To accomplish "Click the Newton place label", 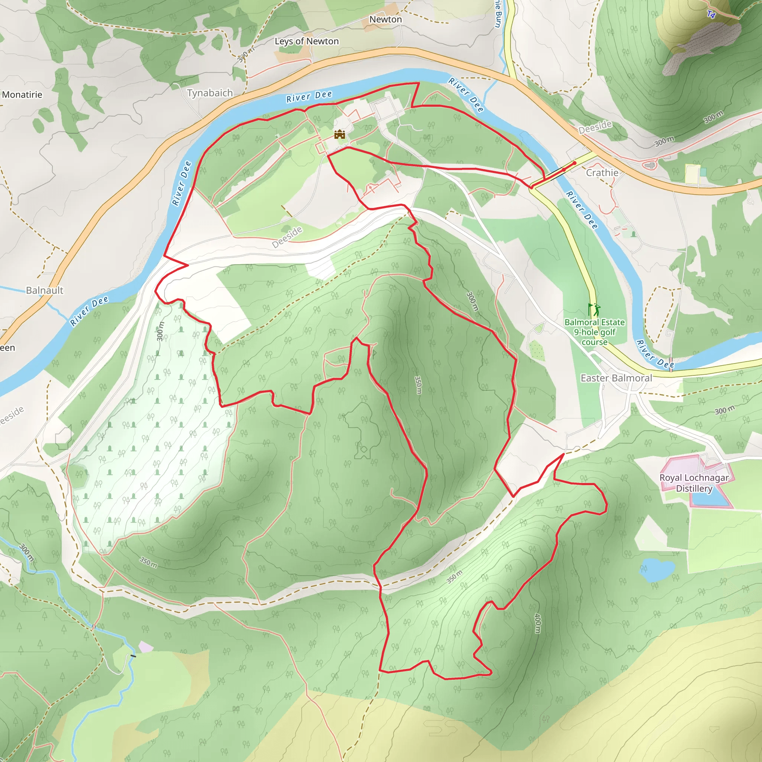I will (x=385, y=19).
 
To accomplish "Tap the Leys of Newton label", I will (x=307, y=41).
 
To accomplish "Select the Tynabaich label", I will (x=209, y=93).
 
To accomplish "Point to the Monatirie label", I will (x=22, y=95).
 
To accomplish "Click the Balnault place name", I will (x=45, y=290).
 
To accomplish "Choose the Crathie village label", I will (x=602, y=173).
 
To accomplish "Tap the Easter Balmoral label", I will (x=616, y=378).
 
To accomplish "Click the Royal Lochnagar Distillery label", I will (x=694, y=483).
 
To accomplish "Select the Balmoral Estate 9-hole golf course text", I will (x=594, y=332).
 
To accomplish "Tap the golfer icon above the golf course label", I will (x=594, y=309).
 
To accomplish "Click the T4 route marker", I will (x=711, y=15).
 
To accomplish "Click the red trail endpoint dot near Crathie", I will (x=574, y=163).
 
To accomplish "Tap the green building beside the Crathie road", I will (x=703, y=172).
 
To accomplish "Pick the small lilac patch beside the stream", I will (x=145, y=647).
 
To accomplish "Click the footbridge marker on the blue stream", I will (x=133, y=656).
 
